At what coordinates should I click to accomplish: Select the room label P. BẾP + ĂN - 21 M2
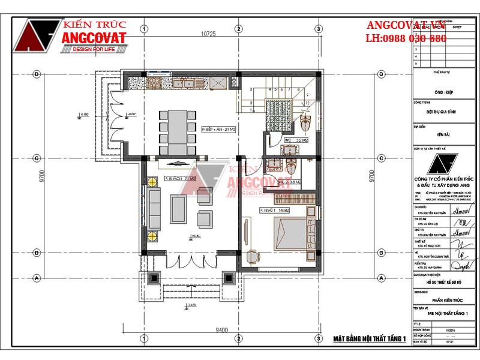[219, 129]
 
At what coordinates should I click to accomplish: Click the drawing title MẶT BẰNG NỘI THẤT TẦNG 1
[370, 339]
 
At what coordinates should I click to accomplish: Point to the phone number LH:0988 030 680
[406, 38]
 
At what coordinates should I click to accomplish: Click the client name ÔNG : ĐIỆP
[443, 93]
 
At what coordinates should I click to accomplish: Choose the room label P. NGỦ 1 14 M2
[275, 211]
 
